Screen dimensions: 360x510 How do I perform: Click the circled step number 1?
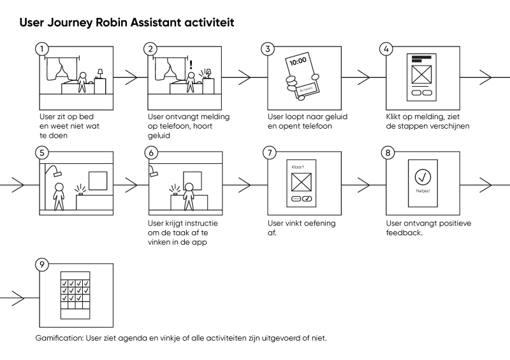pos(42,48)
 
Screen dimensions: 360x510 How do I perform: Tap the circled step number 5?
pos(42,153)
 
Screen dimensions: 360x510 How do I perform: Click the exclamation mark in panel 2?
pos(191,65)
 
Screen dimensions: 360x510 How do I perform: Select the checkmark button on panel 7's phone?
pos(307,199)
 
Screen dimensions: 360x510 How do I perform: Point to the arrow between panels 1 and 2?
pos(131,78)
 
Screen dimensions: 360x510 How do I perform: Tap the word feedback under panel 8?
pos(405,233)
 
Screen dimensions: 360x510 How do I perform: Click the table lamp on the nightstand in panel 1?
pos(99,73)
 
